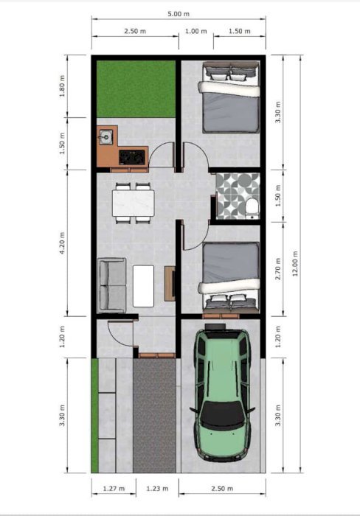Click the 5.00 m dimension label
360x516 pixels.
coord(179,14)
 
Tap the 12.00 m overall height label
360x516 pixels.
coord(295,263)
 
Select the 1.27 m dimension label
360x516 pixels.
coord(114,488)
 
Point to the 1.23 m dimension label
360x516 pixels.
coord(157,488)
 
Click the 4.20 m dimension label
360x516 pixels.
coord(62,243)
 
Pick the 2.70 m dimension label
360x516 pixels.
coord(278,269)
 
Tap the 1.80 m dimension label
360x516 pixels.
coord(62,86)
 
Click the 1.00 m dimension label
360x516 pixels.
coord(196,31)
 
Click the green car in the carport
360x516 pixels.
coord(223,392)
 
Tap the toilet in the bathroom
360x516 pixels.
coord(252,209)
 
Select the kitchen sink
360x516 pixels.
coord(105,137)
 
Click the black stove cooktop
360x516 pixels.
coord(132,157)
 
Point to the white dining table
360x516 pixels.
coord(134,203)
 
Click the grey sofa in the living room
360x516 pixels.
coord(111,285)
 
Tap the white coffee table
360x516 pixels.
coord(143,286)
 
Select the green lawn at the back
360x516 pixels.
coord(136,89)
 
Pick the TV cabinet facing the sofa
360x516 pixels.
coord(170,283)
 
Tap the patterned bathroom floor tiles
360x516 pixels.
coord(237,196)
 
